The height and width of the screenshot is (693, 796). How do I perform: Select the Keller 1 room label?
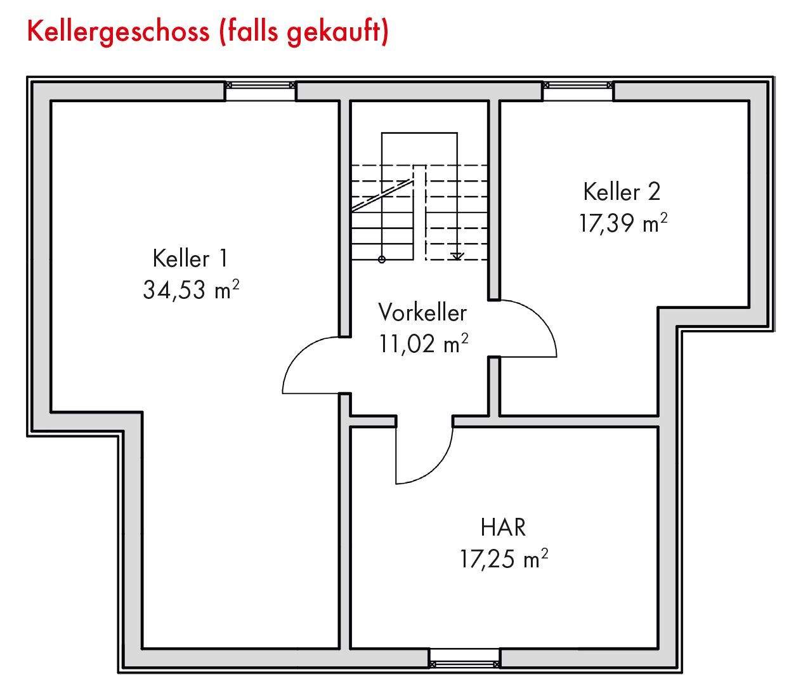click(x=190, y=259)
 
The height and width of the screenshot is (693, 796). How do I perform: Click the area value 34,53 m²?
click(x=191, y=290)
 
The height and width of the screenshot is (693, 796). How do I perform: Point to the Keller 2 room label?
click(x=622, y=192)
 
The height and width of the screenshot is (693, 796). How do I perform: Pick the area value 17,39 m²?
click(x=623, y=223)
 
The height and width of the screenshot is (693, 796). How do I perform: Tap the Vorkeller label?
click(x=422, y=313)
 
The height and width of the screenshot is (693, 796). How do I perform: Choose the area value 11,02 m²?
click(x=424, y=344)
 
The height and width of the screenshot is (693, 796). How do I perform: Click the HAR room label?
click(x=503, y=527)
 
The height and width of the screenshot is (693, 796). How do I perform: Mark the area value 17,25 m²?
click(x=504, y=559)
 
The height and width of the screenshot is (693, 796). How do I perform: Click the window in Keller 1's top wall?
click(x=261, y=85)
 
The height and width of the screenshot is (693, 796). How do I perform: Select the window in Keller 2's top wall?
click(x=578, y=85)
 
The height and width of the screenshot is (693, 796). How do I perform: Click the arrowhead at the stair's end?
click(x=456, y=256)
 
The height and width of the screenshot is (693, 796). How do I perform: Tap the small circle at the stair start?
click(x=381, y=259)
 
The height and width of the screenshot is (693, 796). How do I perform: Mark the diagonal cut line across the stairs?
click(x=382, y=195)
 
